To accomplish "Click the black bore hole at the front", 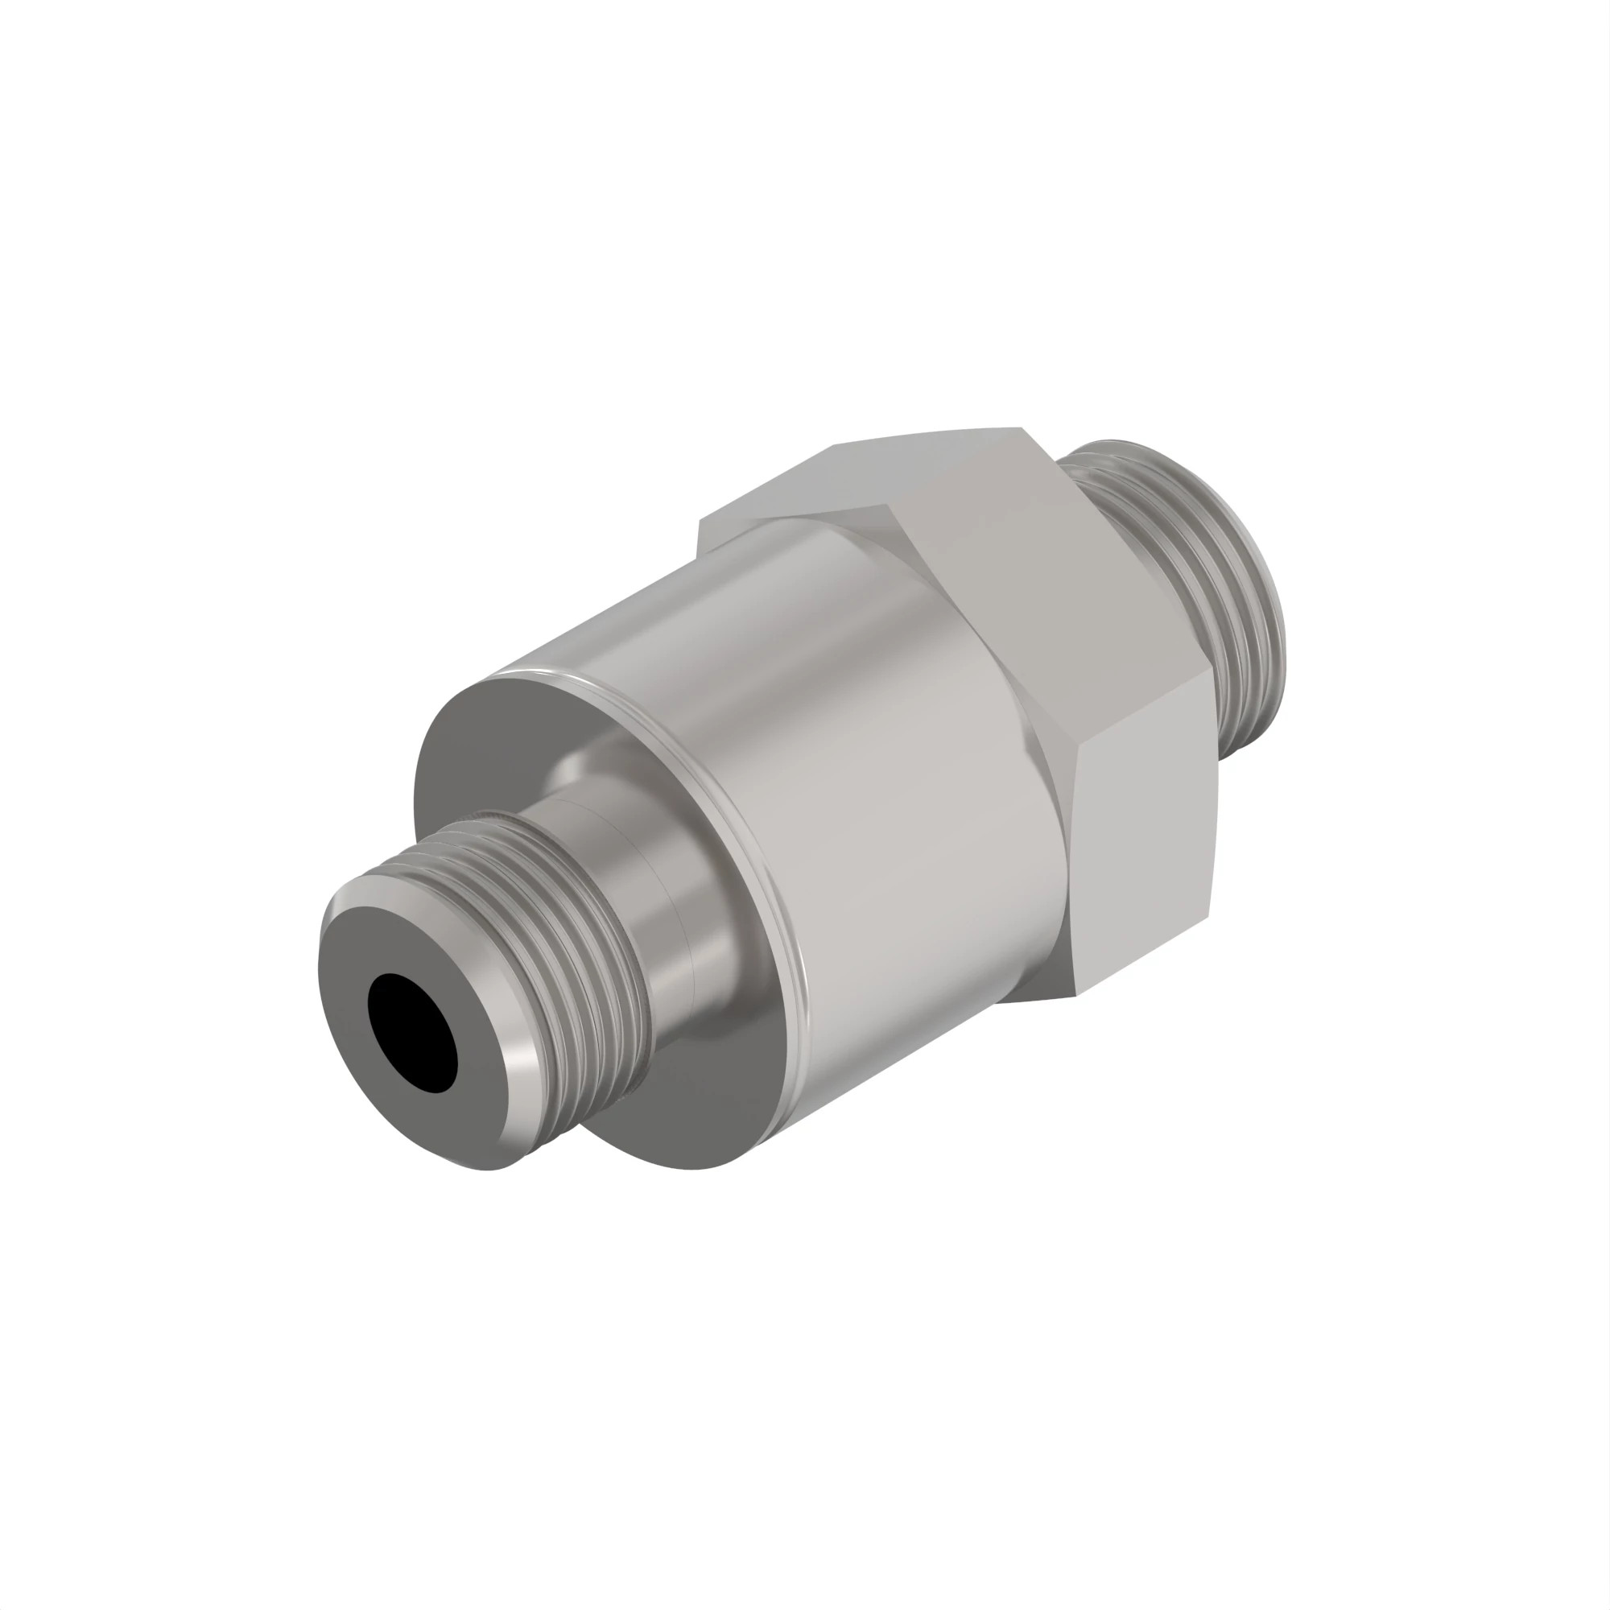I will (411, 1034).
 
